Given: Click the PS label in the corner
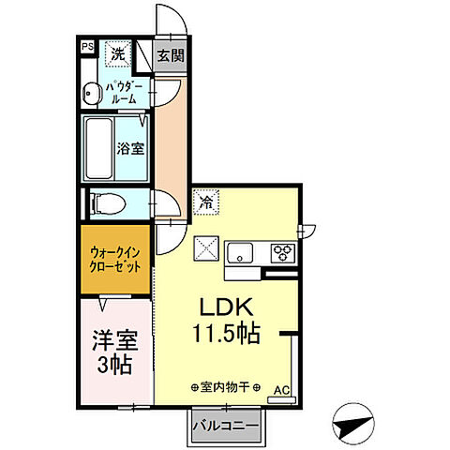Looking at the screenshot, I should click(x=87, y=45).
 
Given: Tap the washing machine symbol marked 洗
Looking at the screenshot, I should click(x=119, y=54).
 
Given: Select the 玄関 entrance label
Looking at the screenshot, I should click(x=170, y=55).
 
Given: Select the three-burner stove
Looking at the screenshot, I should click(x=282, y=251).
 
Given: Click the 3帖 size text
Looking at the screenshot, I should click(x=112, y=365).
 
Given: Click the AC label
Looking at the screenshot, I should click(x=281, y=388).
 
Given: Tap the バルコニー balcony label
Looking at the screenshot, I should click(x=225, y=427).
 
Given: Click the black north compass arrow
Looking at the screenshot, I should click(x=352, y=426).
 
